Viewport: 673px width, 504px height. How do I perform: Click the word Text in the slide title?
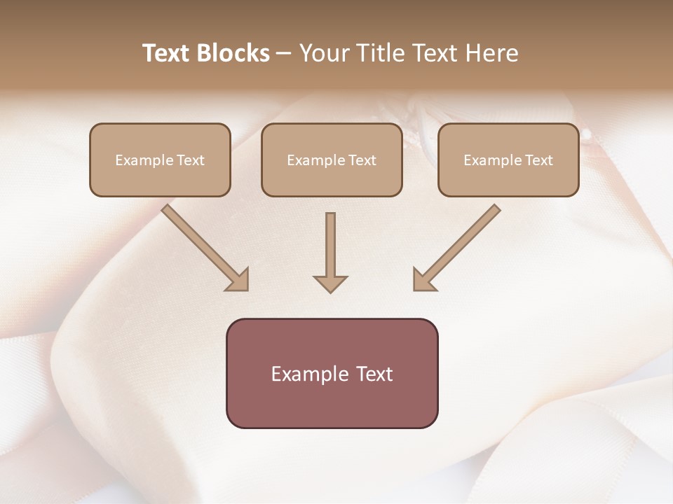coord(168,53)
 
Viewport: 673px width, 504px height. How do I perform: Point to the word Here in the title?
coord(491,53)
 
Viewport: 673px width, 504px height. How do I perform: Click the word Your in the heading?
coord(323,53)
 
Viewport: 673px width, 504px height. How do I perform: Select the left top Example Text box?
coord(160,160)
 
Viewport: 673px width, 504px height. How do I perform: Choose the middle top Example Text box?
coord(332,160)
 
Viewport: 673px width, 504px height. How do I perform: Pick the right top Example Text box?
coord(508,160)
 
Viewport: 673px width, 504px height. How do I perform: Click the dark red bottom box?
coord(332,373)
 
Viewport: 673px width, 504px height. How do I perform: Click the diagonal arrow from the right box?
coord(463,241)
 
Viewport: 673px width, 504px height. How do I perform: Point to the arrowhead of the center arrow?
coord(330,283)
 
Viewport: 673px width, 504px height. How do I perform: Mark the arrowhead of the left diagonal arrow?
coord(238,280)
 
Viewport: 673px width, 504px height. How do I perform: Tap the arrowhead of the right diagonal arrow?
coord(423,280)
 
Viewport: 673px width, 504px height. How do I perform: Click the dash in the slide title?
coord(284,53)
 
